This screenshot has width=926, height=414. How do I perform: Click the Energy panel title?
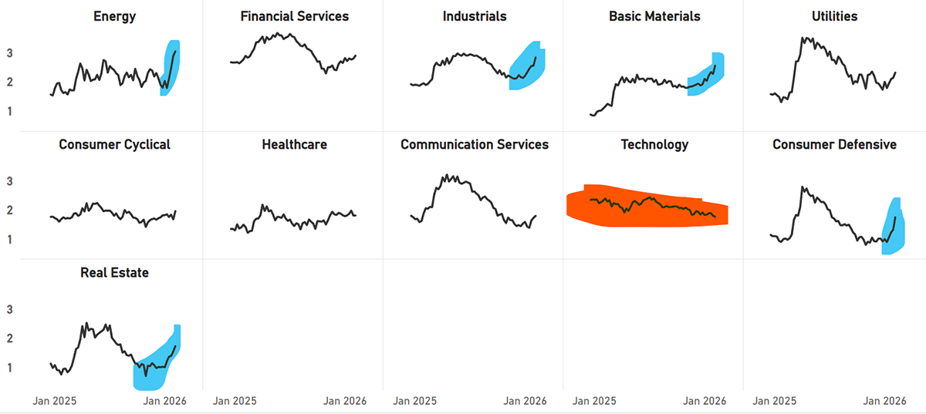[x=114, y=16]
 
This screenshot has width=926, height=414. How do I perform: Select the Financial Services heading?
[x=294, y=16]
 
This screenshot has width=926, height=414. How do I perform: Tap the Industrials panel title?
[x=475, y=16]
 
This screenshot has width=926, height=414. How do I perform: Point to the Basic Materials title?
[x=654, y=16]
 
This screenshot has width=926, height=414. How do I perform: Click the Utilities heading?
[x=834, y=16]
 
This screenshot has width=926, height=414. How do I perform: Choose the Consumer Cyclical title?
[x=114, y=144]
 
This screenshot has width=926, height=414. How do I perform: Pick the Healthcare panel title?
[x=294, y=144]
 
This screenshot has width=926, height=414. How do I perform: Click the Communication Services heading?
[x=475, y=144]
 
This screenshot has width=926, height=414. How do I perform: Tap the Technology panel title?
[x=654, y=144]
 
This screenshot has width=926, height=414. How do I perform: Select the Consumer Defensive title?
[x=834, y=144]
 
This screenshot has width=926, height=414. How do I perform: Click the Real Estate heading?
[x=114, y=272]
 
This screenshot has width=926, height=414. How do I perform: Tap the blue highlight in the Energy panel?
[x=173, y=62]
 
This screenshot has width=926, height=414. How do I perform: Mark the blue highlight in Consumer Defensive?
[x=894, y=231]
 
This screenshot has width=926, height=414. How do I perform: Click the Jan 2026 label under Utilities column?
[x=884, y=401]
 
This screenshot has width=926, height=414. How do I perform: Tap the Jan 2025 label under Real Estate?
[x=54, y=401]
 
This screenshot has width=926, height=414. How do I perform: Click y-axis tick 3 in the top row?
[x=32, y=53]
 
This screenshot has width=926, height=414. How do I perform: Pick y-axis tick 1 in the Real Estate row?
[x=32, y=368]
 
